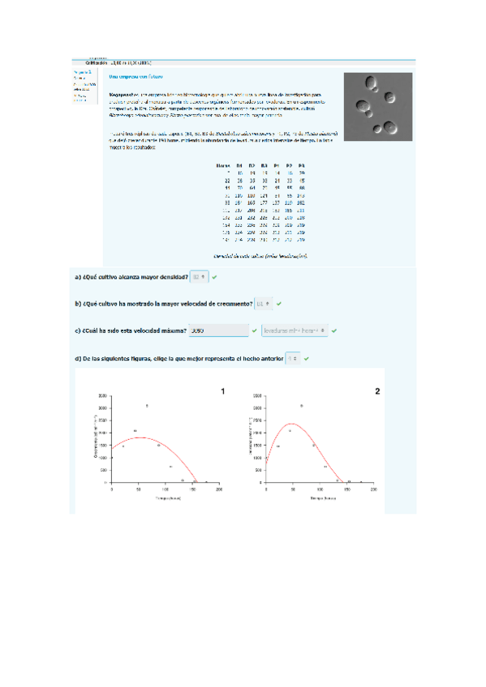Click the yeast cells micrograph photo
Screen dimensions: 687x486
point(378,105)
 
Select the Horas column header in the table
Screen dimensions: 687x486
point(223,165)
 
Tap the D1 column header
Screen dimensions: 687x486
point(240,165)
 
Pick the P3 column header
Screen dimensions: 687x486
point(302,165)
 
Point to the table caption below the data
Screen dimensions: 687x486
point(260,256)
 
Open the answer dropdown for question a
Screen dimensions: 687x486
point(199,277)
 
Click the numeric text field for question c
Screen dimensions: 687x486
point(217,331)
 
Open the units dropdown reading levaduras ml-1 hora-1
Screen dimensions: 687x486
point(295,331)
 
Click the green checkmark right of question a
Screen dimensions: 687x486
point(214,277)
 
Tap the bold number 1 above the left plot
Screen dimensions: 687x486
point(222,391)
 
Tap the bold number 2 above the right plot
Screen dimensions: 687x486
point(376,391)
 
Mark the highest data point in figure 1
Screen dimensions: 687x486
point(147,406)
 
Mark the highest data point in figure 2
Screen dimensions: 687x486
point(302,406)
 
